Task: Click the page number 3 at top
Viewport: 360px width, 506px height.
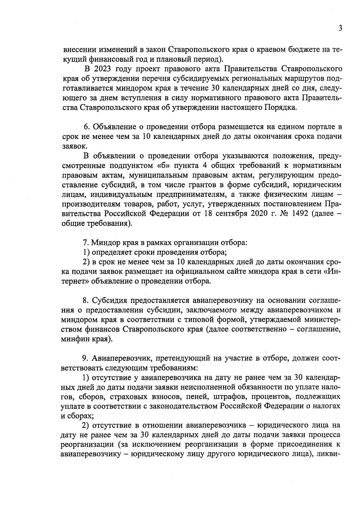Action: click(x=340, y=28)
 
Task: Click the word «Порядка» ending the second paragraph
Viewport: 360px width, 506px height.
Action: click(x=280, y=107)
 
